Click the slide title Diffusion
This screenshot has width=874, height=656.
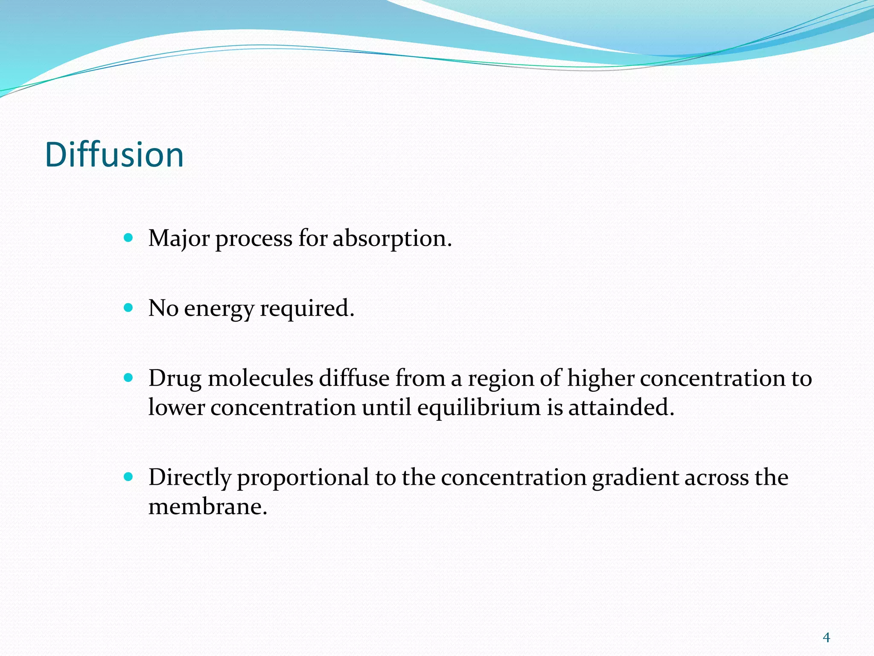point(114,155)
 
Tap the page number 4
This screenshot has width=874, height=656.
point(826,638)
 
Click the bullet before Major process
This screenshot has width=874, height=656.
point(128,237)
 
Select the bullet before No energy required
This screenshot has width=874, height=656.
point(128,307)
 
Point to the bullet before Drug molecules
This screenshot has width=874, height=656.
point(128,378)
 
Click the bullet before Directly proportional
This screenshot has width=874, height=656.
point(128,477)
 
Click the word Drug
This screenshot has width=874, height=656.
point(175,379)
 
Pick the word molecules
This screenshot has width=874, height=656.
point(260,378)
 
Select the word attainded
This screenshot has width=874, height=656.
point(621,407)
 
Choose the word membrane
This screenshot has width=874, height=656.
point(207,507)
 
